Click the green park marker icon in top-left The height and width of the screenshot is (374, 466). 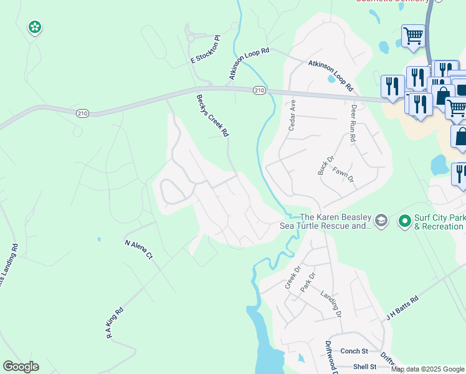[x=35, y=27]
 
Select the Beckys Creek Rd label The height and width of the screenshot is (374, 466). [x=213, y=115]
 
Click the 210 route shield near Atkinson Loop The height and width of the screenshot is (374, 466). [x=260, y=91]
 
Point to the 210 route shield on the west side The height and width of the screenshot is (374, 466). [x=83, y=113]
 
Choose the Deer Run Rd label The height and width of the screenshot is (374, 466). [x=353, y=123]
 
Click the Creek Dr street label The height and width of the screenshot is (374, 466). [x=292, y=278]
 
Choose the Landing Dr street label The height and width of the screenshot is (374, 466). [x=331, y=304]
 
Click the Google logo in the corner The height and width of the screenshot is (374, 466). [x=21, y=367]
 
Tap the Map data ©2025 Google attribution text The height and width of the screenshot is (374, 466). [x=427, y=369]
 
